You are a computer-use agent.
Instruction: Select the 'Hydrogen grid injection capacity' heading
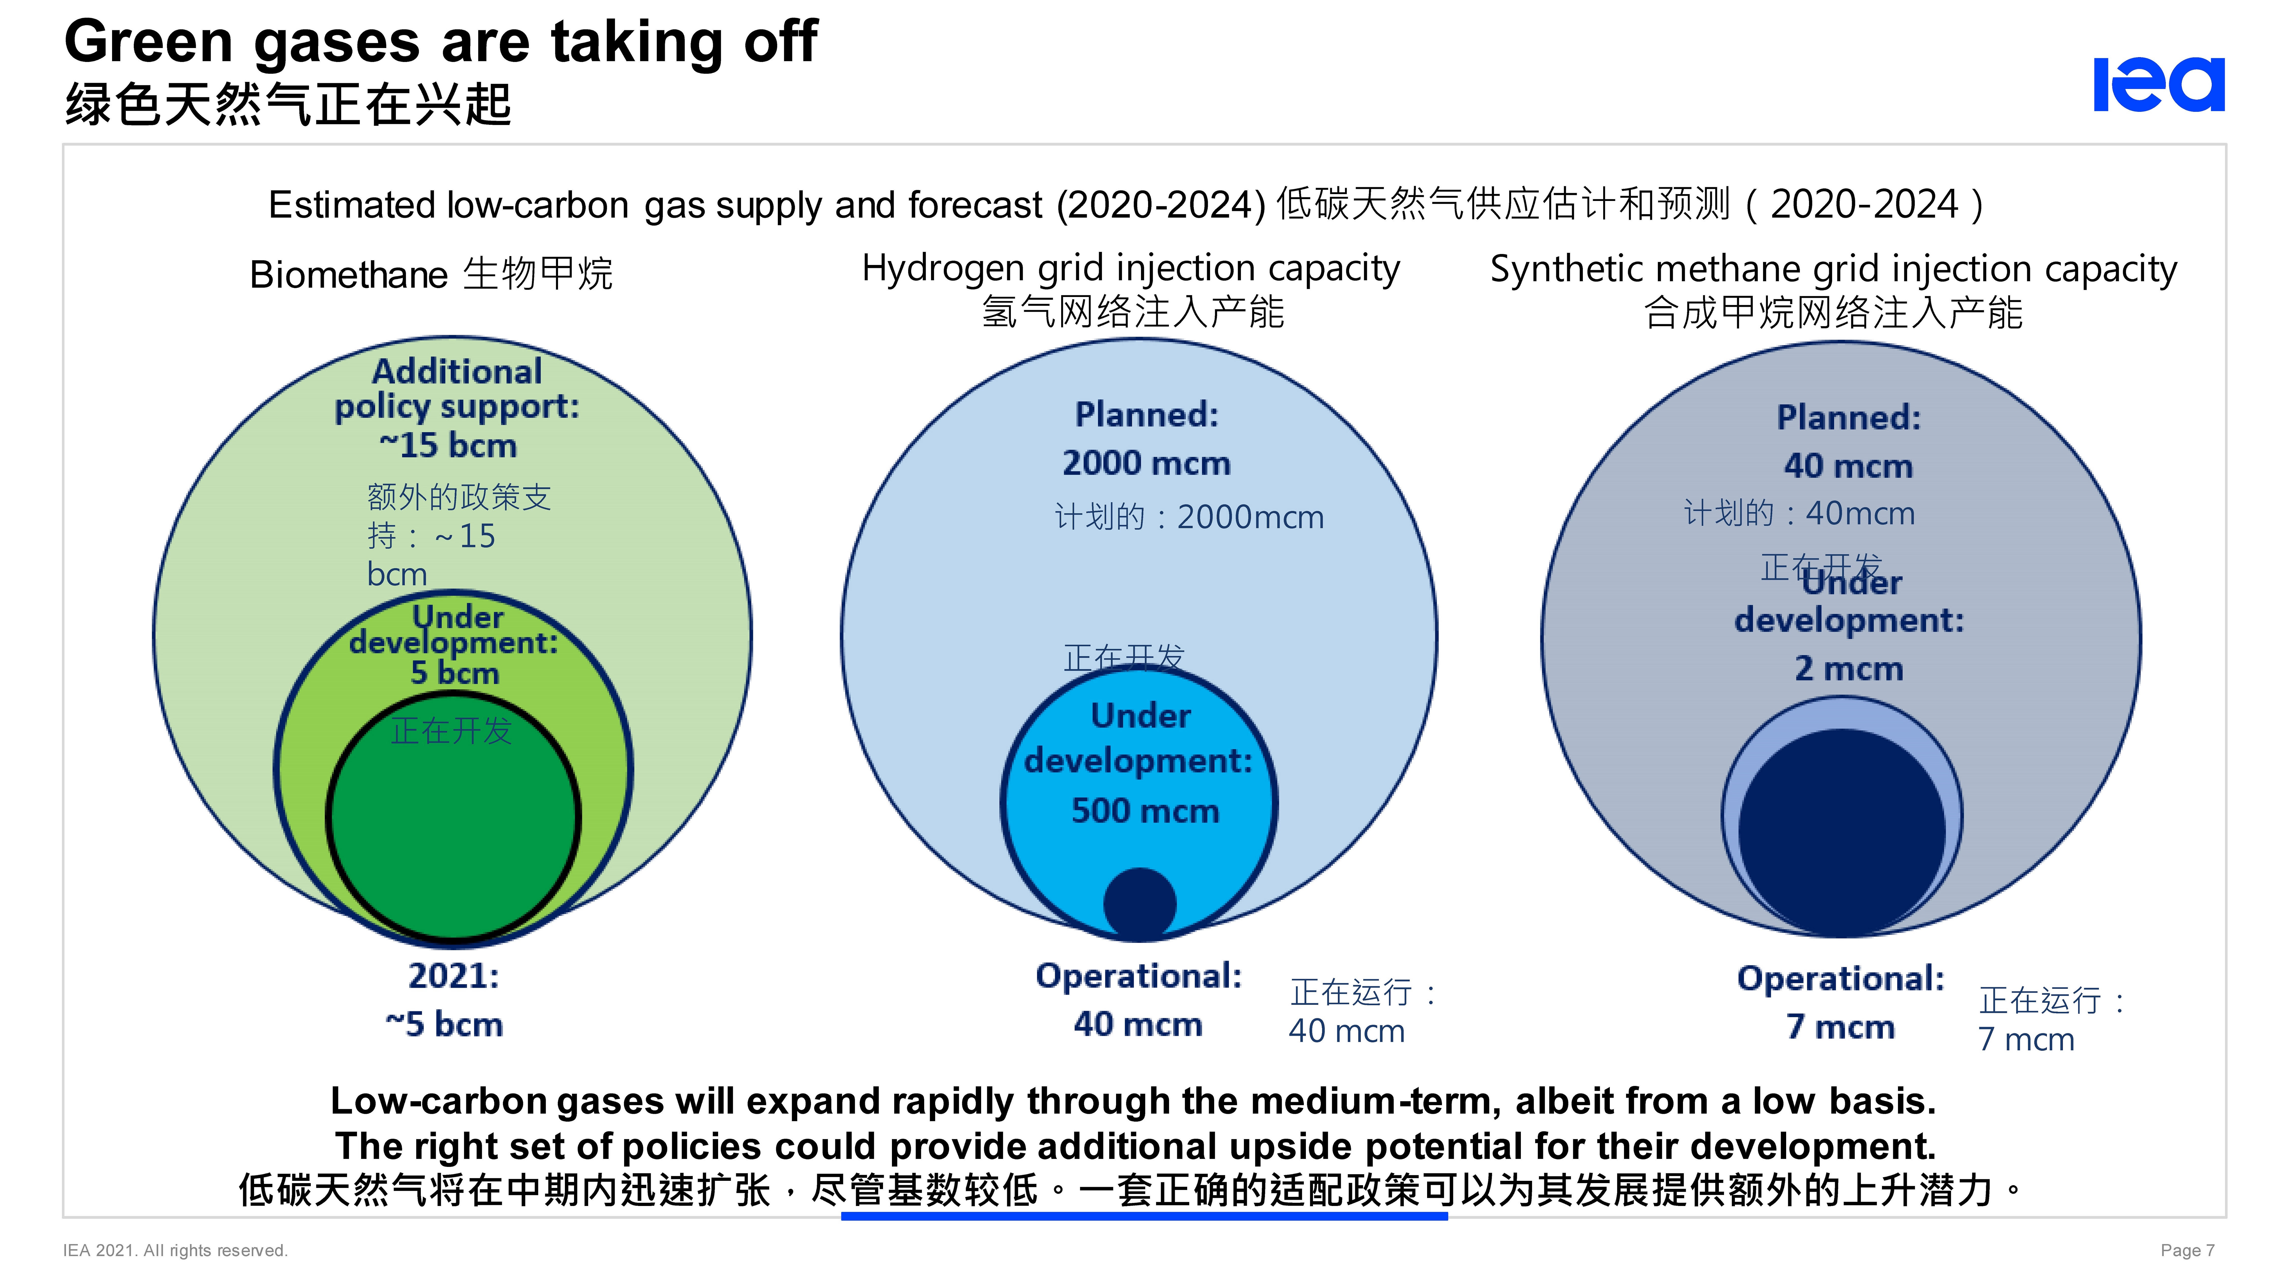pyautogui.click(x=1130, y=268)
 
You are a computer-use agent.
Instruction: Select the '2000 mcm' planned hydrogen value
pyautogui.click(x=1146, y=463)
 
